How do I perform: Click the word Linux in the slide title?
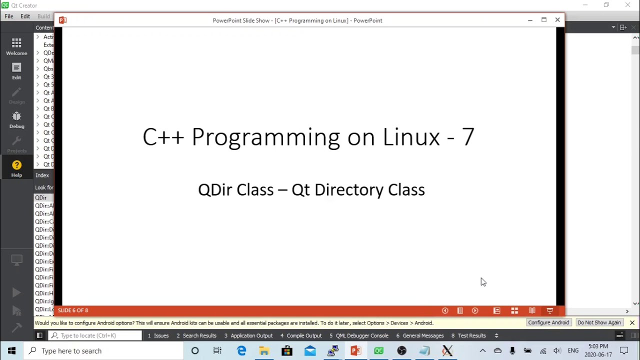[x=411, y=137]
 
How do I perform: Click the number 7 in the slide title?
[x=467, y=137]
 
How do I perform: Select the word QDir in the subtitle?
[x=215, y=190]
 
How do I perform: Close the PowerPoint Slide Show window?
[x=557, y=20]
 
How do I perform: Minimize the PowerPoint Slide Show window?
[x=530, y=20]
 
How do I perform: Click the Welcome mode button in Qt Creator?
[x=16, y=46]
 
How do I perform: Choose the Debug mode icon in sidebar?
[x=16, y=120]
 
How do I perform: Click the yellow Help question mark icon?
[x=16, y=165]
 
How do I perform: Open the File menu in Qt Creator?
[x=9, y=16]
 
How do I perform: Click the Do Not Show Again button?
[x=599, y=322]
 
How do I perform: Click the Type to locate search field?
[x=95, y=335]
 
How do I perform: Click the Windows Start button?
[x=11, y=351]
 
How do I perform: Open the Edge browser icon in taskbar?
[x=241, y=351]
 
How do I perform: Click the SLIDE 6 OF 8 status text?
[x=73, y=310]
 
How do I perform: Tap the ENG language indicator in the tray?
[x=573, y=351]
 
